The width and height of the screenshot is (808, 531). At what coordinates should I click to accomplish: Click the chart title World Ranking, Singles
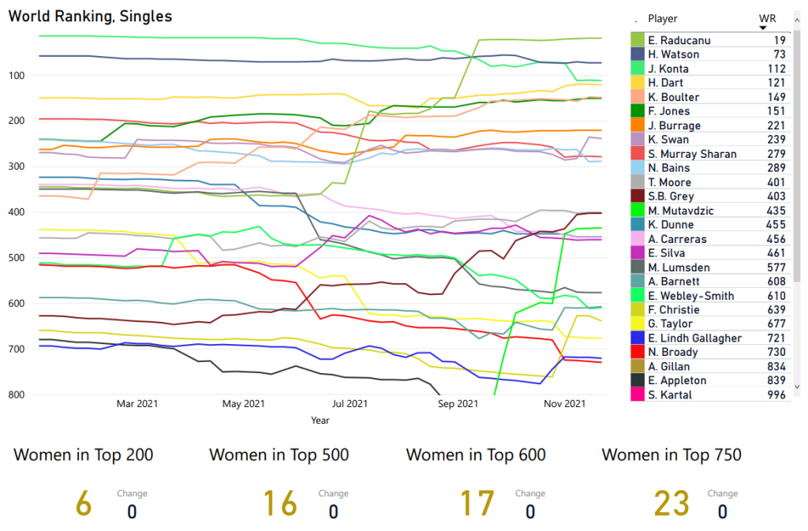click(x=90, y=17)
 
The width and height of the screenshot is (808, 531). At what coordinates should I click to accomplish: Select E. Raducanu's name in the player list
click(x=675, y=40)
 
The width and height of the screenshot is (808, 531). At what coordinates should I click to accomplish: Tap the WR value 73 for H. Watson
click(x=779, y=54)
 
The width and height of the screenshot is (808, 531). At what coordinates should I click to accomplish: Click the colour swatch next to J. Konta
click(x=638, y=69)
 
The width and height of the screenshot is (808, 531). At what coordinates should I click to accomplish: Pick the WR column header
click(x=766, y=19)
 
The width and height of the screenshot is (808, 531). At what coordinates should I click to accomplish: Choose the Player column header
click(x=663, y=19)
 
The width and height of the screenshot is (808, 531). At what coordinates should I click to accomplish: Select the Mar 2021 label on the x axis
click(x=137, y=404)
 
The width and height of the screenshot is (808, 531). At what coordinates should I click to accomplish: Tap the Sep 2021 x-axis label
click(x=457, y=404)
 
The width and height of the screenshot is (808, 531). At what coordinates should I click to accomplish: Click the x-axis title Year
click(x=320, y=421)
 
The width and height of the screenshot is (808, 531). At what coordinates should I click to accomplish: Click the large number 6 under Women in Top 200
click(x=83, y=504)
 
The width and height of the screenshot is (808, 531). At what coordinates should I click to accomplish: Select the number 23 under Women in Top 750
click(x=671, y=504)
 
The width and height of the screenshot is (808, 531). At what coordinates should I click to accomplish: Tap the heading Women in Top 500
click(x=279, y=455)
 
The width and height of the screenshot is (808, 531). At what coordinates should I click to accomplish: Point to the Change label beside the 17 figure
click(x=529, y=494)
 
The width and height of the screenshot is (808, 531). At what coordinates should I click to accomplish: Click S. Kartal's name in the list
click(x=669, y=395)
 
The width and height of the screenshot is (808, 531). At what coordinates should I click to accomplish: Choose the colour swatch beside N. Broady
click(x=638, y=352)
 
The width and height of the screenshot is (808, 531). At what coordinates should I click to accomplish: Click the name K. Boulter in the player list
click(x=672, y=97)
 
